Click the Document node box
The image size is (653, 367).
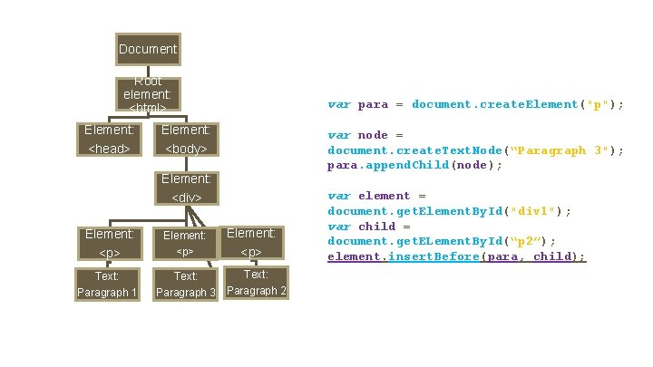(x=148, y=48)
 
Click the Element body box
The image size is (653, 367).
(x=186, y=139)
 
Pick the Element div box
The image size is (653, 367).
(x=186, y=188)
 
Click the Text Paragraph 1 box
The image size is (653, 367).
(x=108, y=284)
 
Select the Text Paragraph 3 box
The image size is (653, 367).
(x=186, y=285)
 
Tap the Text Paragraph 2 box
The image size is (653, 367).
(x=257, y=282)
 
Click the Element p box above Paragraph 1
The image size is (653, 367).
(x=110, y=242)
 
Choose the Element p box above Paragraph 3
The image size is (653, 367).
(x=185, y=242)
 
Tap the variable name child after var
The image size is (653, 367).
(x=377, y=227)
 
